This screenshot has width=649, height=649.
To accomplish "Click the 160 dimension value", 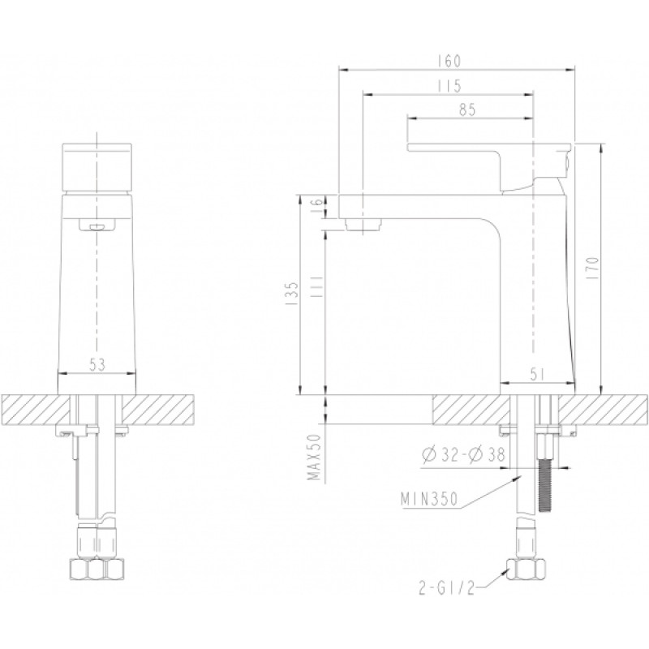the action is pos(449,62).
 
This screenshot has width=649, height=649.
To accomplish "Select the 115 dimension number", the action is pos(449,86).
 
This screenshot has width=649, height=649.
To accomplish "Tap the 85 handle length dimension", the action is pos(468,110).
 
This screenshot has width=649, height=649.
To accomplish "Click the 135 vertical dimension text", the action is pos(292,294).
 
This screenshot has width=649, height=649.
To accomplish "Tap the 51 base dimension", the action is pos(537,374).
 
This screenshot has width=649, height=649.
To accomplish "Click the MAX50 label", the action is pos(315,457).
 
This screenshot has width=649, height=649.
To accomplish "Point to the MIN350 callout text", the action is pos(429,499).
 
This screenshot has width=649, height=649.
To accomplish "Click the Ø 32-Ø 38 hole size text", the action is pos(463,454).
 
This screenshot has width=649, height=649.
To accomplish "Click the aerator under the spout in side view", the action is pos(363,225).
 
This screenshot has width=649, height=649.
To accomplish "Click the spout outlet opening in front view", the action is pos(97,226).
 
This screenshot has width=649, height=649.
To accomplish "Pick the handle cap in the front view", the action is pos(97,168).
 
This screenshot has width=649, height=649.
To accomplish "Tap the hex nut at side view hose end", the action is pos(525,569).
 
